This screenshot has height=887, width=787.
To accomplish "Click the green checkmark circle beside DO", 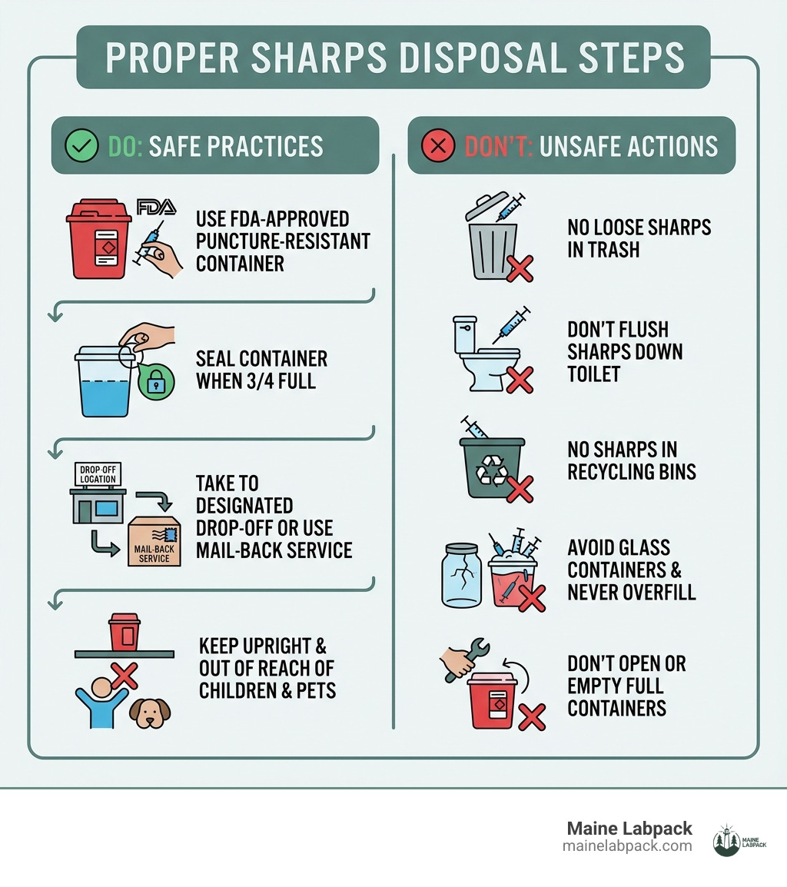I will [81, 146].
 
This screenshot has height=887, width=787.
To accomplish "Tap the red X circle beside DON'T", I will [438, 146].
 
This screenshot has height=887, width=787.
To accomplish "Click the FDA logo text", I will [156, 206].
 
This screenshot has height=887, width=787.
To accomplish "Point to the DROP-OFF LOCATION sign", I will [98, 473].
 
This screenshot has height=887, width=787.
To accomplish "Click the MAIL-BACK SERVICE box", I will [154, 541].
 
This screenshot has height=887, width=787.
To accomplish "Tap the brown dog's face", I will [150, 713].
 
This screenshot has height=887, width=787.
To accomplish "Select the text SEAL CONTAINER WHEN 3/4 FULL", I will [261, 370].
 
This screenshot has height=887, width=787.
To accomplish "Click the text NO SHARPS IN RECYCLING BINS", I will [632, 460].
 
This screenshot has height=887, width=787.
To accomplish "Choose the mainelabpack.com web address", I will [627, 846].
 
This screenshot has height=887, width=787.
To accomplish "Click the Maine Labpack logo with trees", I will [726, 840].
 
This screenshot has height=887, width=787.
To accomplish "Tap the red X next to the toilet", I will [519, 379].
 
